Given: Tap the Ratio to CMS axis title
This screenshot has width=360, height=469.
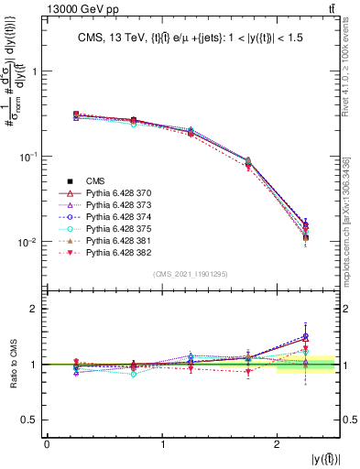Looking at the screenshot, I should [x=13, y=365].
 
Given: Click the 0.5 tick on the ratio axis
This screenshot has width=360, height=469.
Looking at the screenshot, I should [x=34, y=420].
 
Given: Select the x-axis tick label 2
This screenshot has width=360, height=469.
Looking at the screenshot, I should [x=278, y=444].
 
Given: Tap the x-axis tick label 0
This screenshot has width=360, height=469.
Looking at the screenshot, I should [x=47, y=444].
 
